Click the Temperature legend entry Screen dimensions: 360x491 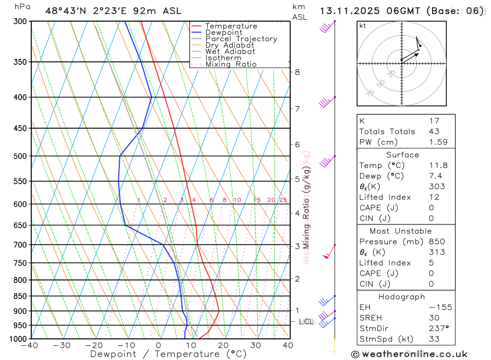(231, 26)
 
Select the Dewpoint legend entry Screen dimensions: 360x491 (223, 32)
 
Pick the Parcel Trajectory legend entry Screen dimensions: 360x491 (241, 39)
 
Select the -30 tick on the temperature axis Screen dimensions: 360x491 (61, 345)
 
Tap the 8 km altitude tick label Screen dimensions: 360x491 (297, 72)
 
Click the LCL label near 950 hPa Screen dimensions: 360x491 (306, 322)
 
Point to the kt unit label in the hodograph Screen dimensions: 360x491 (363, 26)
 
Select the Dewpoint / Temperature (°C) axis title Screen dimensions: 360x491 (168, 354)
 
